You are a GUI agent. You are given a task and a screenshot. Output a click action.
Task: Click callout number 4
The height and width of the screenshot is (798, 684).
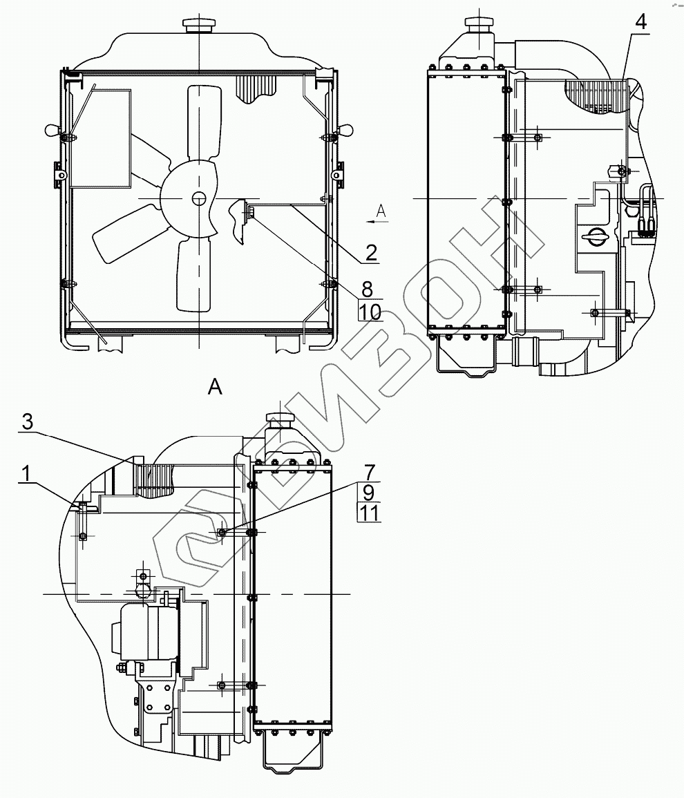tap(640, 22)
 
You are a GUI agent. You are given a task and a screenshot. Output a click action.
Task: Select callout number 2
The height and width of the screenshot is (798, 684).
tap(371, 254)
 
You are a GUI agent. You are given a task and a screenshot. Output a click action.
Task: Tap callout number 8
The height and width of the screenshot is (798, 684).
tap(371, 288)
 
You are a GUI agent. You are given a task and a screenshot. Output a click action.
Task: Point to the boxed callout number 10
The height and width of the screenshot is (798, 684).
tap(370, 312)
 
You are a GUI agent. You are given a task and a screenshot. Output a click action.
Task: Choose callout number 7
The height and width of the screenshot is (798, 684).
tap(370, 473)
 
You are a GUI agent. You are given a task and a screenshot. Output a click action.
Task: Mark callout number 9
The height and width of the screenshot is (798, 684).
tap(370, 493)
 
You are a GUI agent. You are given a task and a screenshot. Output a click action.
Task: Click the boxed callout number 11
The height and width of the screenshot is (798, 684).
tap(370, 513)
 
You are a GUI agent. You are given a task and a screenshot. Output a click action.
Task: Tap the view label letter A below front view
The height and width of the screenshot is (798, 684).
tap(216, 388)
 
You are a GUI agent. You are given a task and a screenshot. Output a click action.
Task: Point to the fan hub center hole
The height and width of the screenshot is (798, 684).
tap(199, 199)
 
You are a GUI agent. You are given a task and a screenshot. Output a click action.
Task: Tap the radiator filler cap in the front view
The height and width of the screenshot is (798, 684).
tap(199, 24)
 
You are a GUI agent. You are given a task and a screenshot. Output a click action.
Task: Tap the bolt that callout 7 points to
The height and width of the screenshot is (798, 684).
tap(221, 532)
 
